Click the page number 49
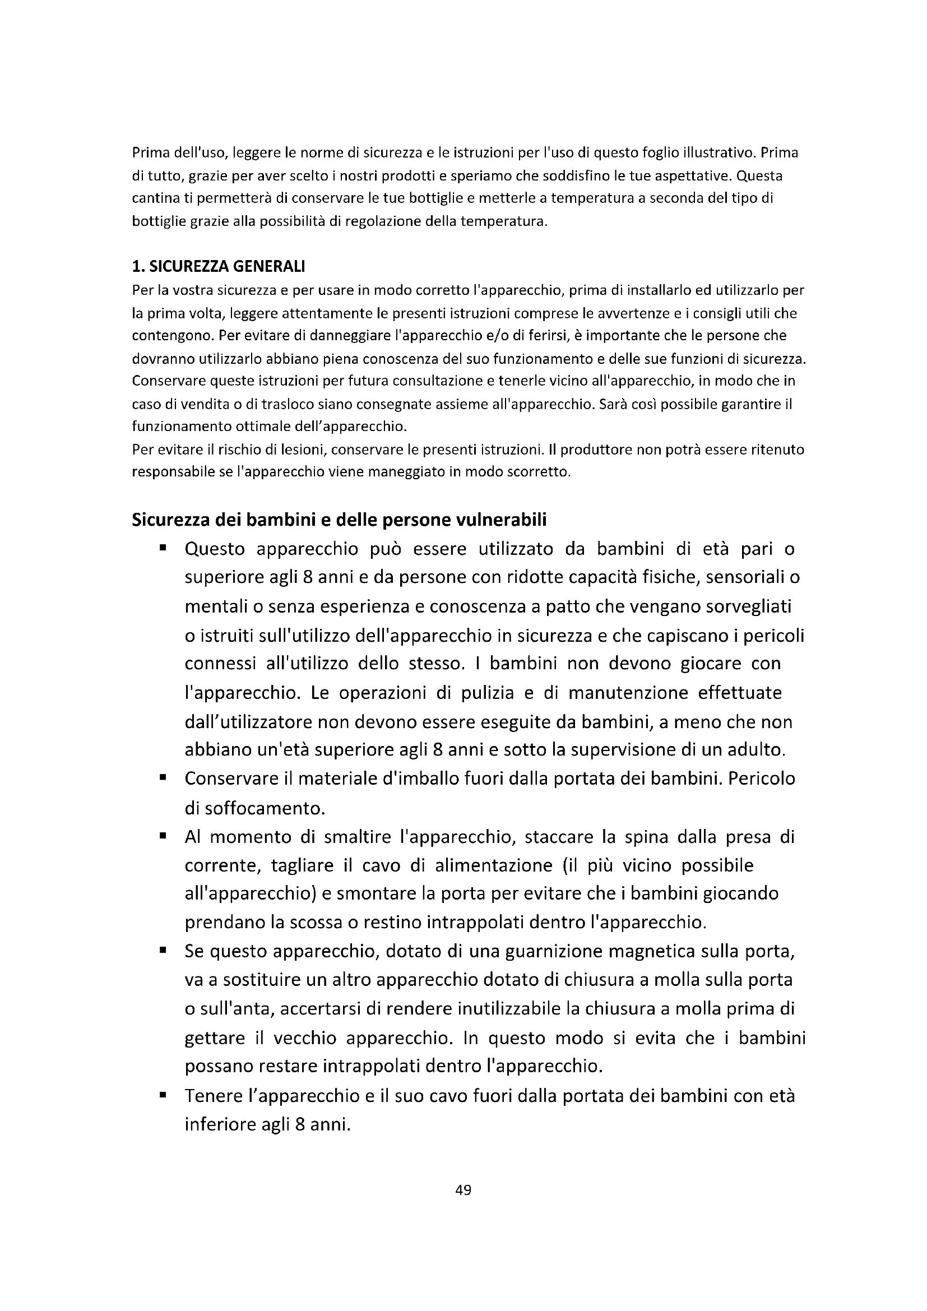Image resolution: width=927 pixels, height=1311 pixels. [x=463, y=1189]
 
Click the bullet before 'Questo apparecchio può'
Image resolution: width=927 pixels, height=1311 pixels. [x=163, y=548]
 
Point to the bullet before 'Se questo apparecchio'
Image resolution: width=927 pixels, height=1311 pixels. [x=163, y=951]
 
